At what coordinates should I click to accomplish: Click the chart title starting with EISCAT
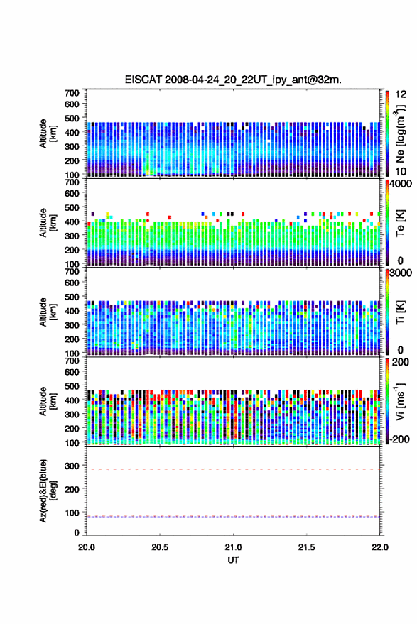click(x=233, y=80)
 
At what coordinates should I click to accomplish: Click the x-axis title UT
click(x=233, y=560)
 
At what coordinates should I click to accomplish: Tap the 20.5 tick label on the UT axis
click(x=160, y=547)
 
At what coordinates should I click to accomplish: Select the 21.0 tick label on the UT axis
click(x=233, y=547)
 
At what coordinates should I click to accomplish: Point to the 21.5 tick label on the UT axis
click(x=306, y=547)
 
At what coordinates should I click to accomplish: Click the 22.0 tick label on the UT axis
click(x=379, y=547)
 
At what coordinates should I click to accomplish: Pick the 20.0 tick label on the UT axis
click(x=87, y=547)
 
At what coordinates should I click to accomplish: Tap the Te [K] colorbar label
click(x=400, y=223)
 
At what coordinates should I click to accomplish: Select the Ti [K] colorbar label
click(x=400, y=312)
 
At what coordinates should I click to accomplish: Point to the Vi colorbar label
click(x=400, y=401)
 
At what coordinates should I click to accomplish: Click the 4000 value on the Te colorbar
click(x=400, y=184)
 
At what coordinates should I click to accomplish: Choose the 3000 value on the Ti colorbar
click(x=400, y=273)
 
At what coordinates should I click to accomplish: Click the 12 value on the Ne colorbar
click(x=401, y=94)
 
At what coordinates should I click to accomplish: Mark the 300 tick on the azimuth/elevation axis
click(x=72, y=465)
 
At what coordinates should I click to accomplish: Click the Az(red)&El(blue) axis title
click(x=48, y=491)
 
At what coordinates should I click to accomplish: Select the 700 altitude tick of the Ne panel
click(x=72, y=93)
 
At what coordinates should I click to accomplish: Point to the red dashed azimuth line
click(x=233, y=469)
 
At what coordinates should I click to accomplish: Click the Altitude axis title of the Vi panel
click(x=48, y=401)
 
